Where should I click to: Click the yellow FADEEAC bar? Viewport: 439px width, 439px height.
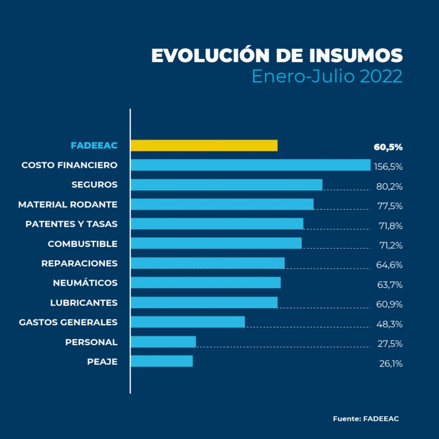coord(204,145)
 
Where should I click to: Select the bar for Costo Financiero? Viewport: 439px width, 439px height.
coord(250,165)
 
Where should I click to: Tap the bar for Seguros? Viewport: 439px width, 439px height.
coord(226,185)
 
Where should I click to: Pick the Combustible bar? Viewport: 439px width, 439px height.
coord(216,244)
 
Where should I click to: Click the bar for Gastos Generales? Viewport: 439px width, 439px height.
coord(187,322)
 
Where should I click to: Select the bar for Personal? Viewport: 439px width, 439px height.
coord(163,342)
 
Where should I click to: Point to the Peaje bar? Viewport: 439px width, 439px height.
coord(162,361)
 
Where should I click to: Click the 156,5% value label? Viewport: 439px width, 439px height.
coord(388,167)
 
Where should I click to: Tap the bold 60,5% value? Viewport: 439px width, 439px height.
coord(388,147)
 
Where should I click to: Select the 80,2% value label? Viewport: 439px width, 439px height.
coord(389,186)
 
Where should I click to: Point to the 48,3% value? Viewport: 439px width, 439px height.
coord(389,324)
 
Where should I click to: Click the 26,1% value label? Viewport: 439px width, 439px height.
coord(390,364)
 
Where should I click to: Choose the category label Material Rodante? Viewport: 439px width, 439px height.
coord(68,204)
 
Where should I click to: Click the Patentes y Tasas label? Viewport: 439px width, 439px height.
coord(71,224)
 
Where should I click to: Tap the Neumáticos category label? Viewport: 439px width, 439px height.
coord(85,283)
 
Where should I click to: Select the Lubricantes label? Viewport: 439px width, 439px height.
coord(84,302)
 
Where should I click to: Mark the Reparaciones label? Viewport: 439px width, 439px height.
coord(79,263)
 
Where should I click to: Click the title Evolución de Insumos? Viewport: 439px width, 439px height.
coord(277,55)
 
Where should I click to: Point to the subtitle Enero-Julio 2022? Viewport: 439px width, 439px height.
coord(327,77)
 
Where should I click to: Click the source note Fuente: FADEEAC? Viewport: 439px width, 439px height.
coord(366,419)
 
